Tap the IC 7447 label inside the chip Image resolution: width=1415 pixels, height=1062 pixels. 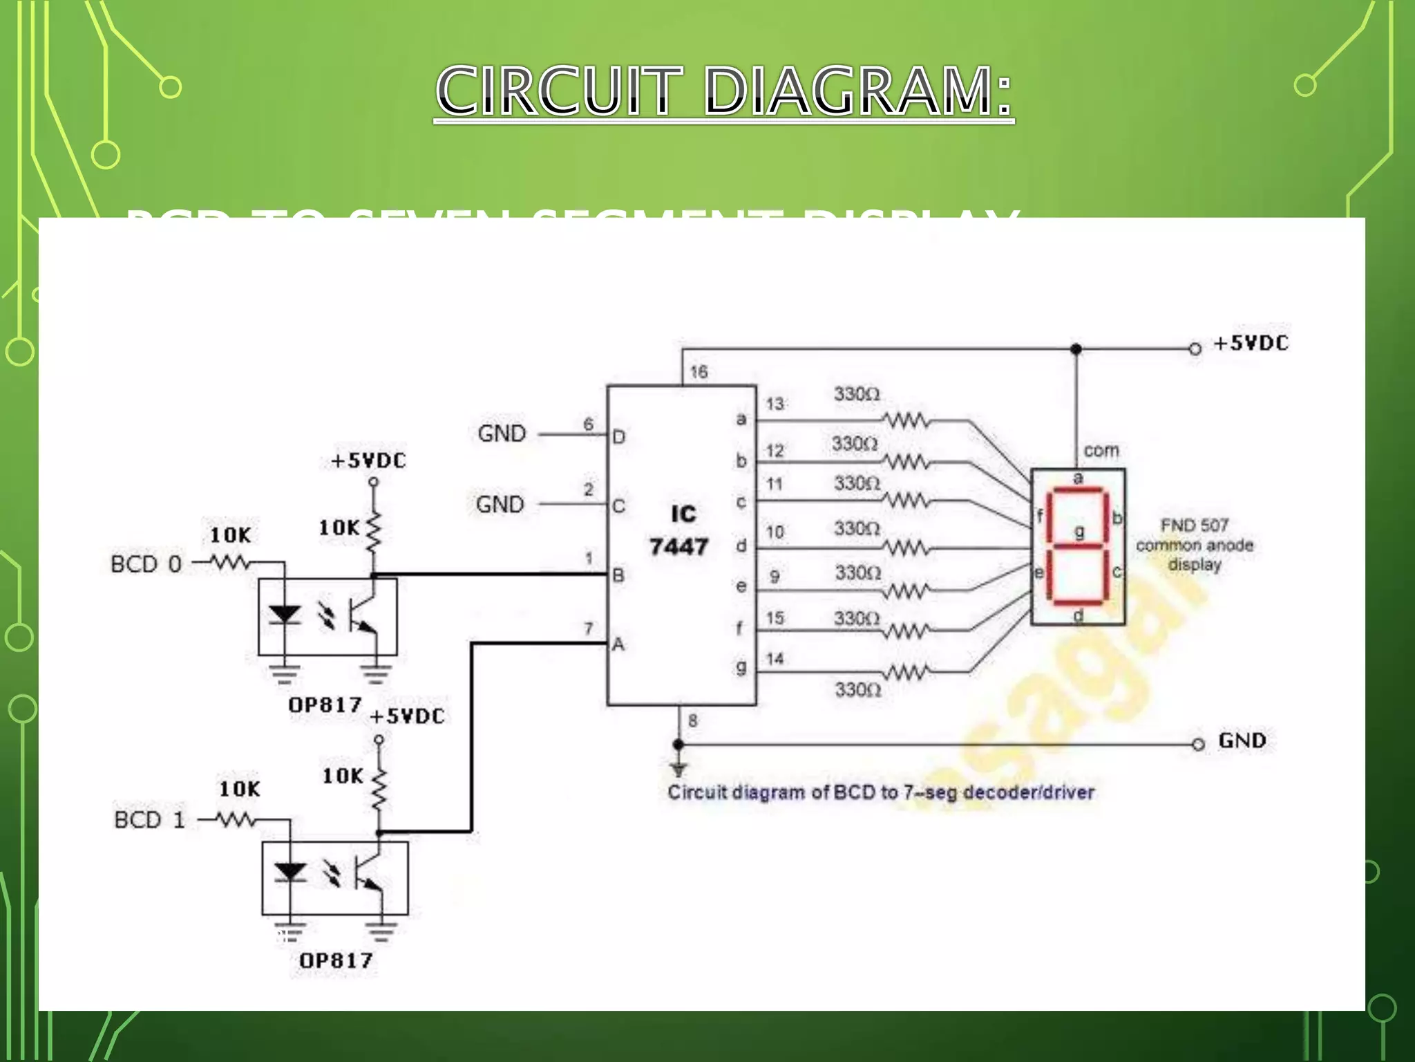click(680, 531)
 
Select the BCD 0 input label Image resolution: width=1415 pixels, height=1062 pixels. click(146, 564)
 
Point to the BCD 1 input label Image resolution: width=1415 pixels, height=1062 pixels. click(150, 820)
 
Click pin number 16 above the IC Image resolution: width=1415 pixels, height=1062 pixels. click(699, 372)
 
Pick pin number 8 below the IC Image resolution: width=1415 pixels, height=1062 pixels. click(693, 720)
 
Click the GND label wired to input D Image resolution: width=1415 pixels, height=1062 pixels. click(502, 434)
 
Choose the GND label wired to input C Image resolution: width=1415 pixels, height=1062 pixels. click(500, 505)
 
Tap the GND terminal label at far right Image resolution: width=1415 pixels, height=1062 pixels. click(1242, 740)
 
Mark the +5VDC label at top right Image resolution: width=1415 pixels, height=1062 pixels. click(1251, 344)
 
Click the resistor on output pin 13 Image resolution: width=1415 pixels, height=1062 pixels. click(906, 420)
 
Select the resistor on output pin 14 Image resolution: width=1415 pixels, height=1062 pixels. click(906, 672)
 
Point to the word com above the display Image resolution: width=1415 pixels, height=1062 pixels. click(1101, 451)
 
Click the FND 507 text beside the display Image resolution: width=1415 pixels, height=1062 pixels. click(1194, 525)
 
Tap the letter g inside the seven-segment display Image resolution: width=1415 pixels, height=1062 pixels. click(1079, 532)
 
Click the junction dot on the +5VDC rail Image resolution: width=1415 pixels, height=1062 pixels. click(1076, 349)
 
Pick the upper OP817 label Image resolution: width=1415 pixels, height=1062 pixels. click(325, 705)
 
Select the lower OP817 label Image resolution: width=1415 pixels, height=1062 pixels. click(336, 960)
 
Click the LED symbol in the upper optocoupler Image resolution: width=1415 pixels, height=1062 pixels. click(285, 614)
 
